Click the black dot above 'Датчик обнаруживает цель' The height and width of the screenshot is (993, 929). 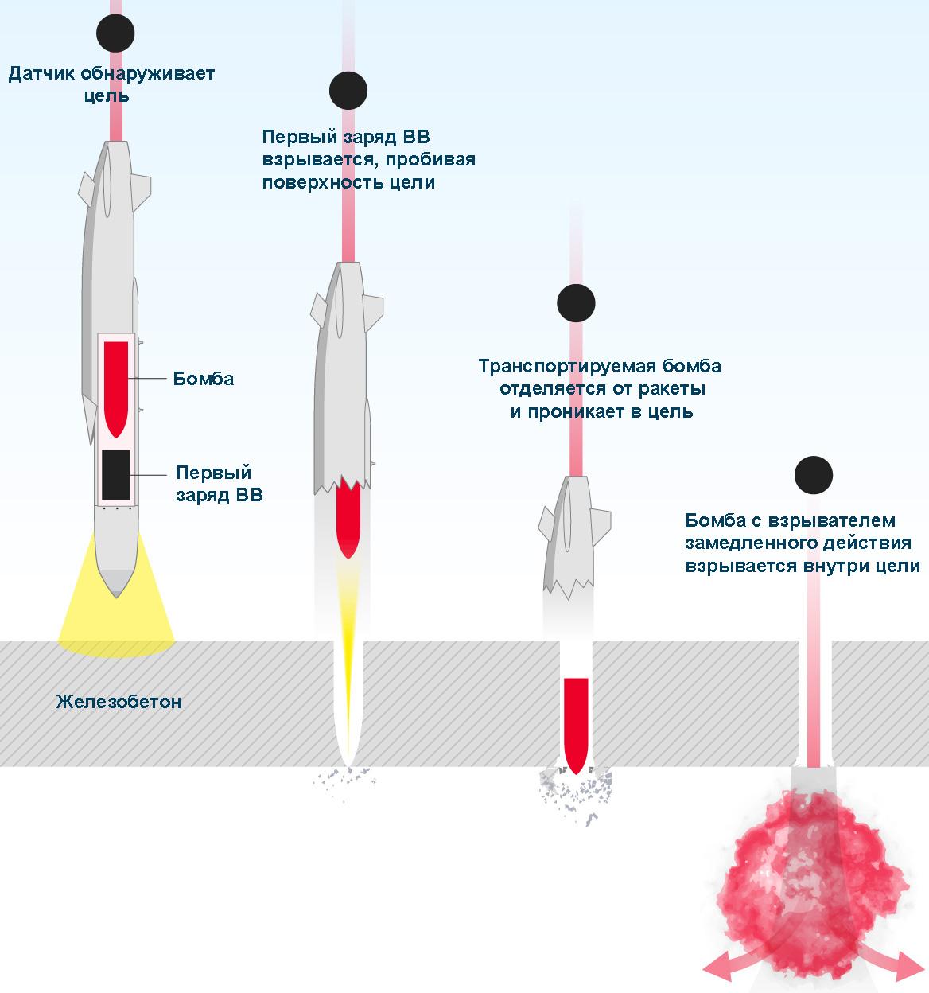point(115,33)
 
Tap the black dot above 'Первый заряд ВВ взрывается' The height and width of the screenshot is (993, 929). point(348,90)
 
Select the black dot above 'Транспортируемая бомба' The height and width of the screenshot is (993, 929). point(576,303)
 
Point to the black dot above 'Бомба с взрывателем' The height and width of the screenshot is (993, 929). point(813,476)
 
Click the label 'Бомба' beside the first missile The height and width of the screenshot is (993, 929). point(204,379)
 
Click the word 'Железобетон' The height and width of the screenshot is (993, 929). point(119,702)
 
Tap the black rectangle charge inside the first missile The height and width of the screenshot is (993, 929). point(116,475)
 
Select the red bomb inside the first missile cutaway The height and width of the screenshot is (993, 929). point(116,386)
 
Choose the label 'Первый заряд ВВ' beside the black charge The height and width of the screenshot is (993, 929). point(220,483)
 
